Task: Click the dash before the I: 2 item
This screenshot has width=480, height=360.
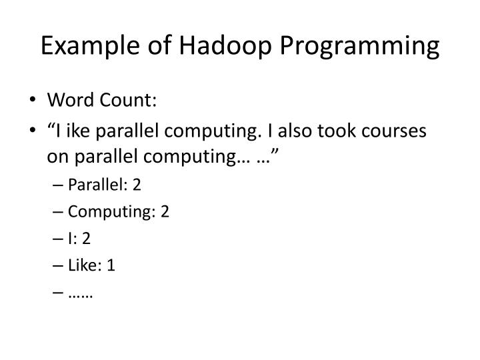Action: click(x=61, y=239)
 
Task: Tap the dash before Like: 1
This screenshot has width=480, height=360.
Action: click(x=61, y=265)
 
